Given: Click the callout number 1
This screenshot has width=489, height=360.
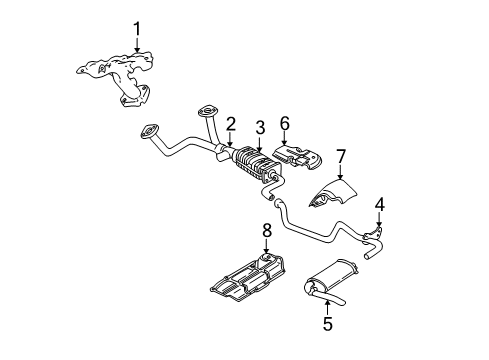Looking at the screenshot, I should tap(138, 29).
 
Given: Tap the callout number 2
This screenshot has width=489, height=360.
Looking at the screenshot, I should tap(230, 123).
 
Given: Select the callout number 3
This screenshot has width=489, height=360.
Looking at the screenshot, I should tap(260, 126).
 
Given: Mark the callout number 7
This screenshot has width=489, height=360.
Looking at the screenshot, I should tap(340, 156).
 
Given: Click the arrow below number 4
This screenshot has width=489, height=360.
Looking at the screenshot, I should tap(378, 222).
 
